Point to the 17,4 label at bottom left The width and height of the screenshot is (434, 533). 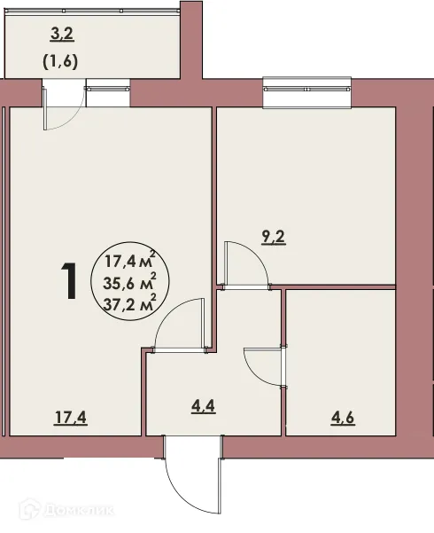[72, 415]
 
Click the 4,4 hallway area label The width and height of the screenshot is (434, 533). [203, 411]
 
